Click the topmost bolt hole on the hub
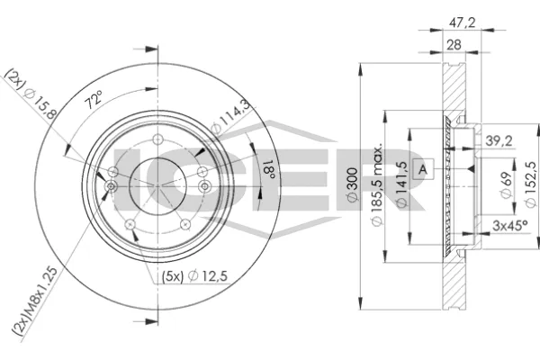click(157, 139)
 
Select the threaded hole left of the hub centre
click(110, 186)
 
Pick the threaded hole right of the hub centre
click(205, 186)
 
